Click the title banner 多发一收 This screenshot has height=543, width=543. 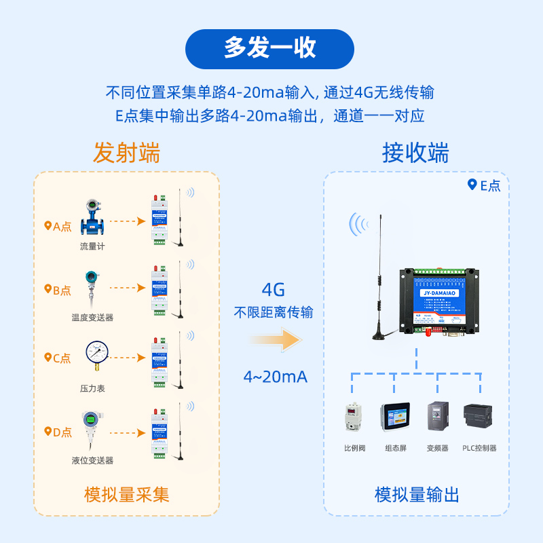coord(270,48)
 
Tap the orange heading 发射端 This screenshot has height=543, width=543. coord(127,153)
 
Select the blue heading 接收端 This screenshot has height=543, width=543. coord(415,153)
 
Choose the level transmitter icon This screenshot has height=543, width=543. coord(90,428)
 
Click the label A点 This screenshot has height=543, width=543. coord(58,227)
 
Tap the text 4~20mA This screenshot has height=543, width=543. coord(275,377)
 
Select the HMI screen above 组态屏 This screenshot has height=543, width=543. coord(395,419)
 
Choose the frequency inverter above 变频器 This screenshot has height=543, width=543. coord(437,418)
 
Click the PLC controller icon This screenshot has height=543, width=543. coord(479,417)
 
